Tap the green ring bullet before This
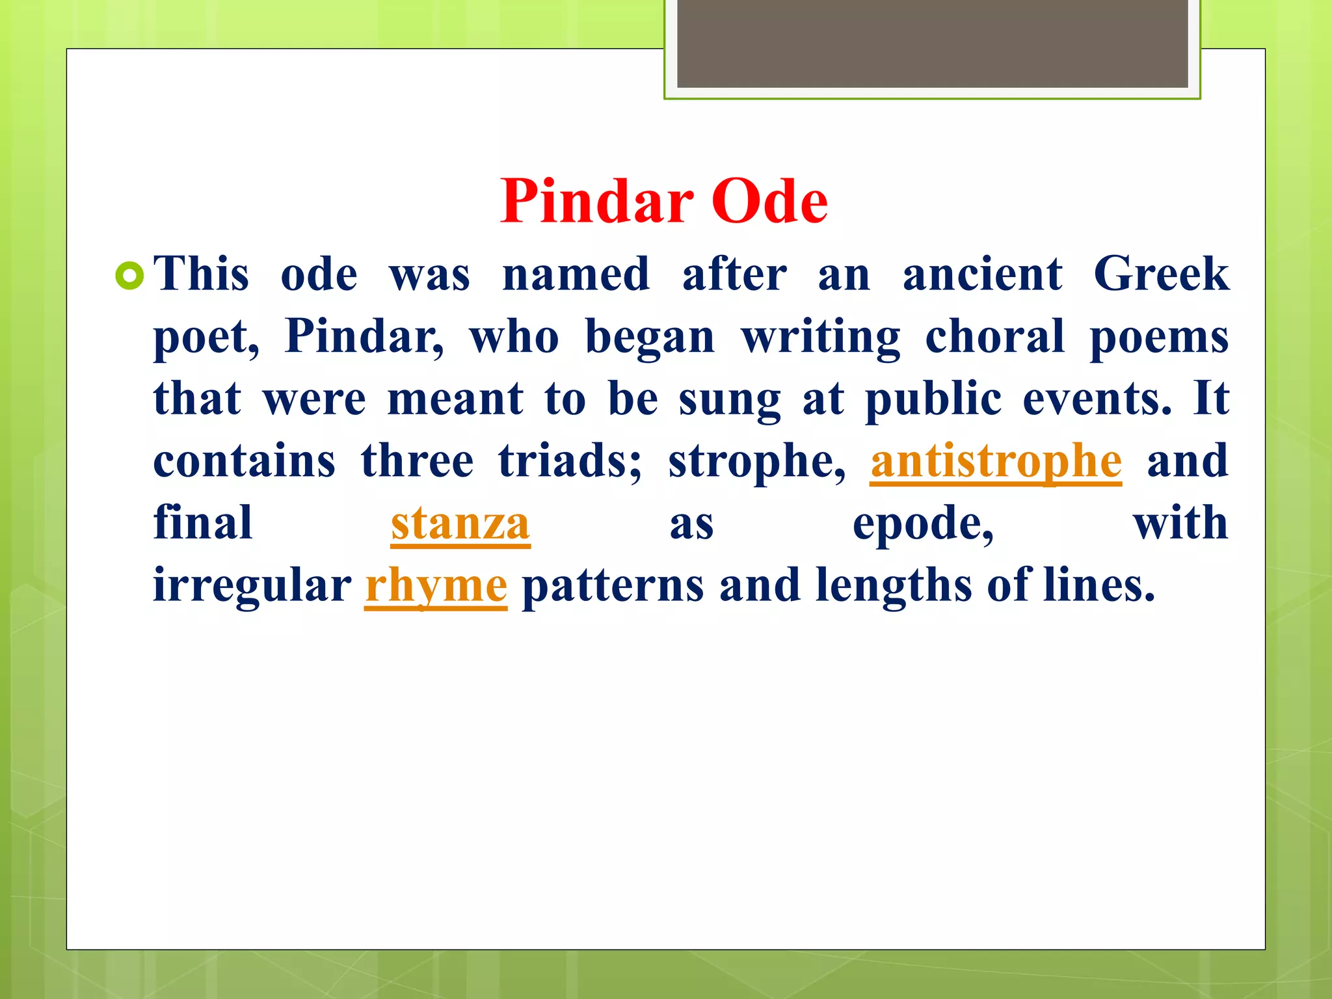click(x=129, y=276)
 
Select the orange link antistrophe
click(x=996, y=461)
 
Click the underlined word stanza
click(x=460, y=524)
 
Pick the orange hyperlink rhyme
click(x=436, y=585)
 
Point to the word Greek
click(x=1161, y=274)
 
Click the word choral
click(x=994, y=336)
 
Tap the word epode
click(x=922, y=524)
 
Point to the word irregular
click(x=252, y=585)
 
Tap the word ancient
click(x=983, y=274)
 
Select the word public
click(x=933, y=399)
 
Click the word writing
click(x=821, y=336)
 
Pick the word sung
click(x=730, y=399)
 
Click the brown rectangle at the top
click(x=932, y=43)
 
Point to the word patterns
click(x=612, y=585)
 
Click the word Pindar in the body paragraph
click(x=364, y=336)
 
